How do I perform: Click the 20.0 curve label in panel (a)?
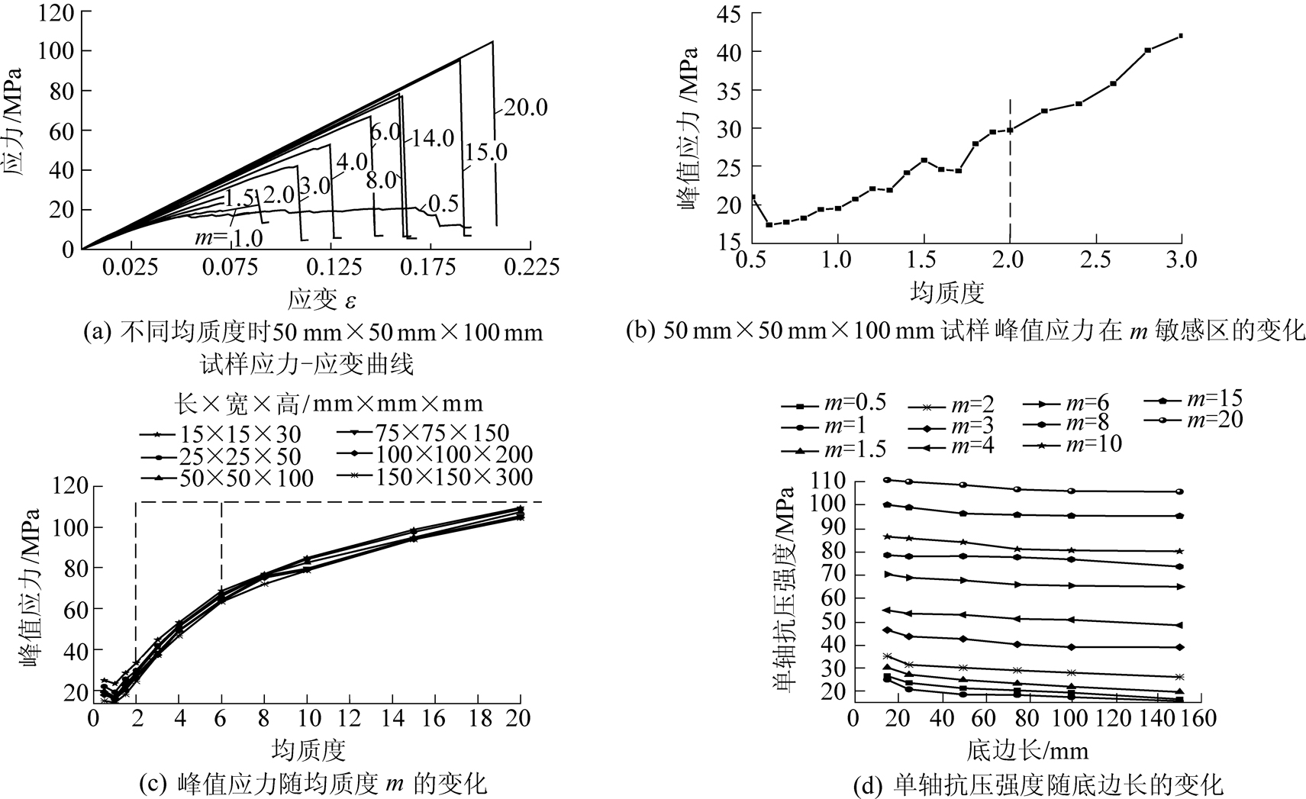pos(526,108)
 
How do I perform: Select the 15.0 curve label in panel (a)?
pos(485,153)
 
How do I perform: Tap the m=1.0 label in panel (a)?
pos(228,238)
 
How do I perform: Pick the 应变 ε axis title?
pos(321,299)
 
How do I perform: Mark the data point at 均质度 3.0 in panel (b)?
pos(1181,36)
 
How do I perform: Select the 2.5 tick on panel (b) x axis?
pos(1095,259)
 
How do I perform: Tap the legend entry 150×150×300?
pos(434,478)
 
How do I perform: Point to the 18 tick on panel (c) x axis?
pos(478,718)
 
